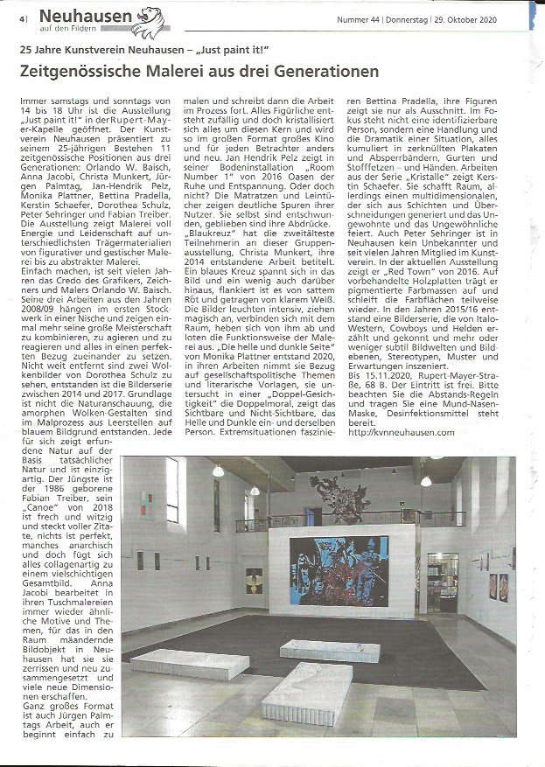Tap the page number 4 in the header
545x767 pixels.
18,17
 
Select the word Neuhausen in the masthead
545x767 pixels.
87,15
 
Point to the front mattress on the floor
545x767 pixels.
306,691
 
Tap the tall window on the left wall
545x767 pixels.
171,490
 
